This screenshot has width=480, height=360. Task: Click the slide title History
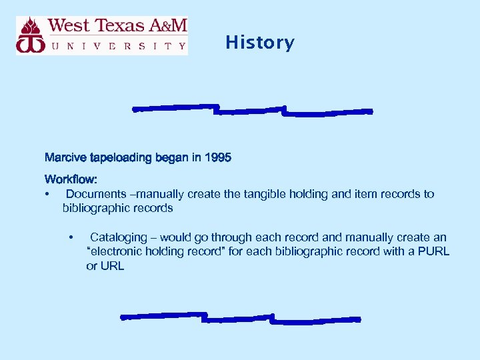tap(259, 43)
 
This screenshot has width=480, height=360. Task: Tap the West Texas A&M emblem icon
tap(31, 35)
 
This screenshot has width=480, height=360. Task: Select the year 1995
tap(218, 158)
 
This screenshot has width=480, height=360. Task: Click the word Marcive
tap(64, 158)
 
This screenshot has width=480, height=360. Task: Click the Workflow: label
tap(71, 179)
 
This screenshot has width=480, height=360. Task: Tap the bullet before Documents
tap(47, 194)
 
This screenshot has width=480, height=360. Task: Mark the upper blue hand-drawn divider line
tap(252, 109)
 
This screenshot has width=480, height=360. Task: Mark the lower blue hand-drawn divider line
tap(240, 318)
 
